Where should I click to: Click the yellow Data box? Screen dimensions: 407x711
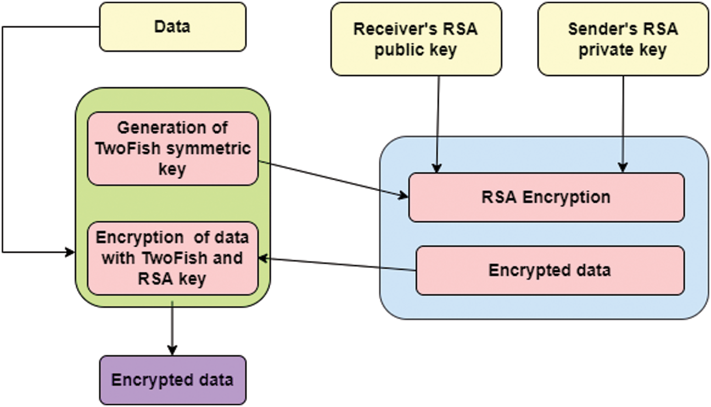click(x=173, y=27)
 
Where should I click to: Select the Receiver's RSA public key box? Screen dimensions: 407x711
click(x=416, y=39)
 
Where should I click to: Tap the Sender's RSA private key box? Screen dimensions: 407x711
click(x=623, y=39)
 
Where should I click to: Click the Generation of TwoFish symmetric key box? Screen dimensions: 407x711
click(x=173, y=148)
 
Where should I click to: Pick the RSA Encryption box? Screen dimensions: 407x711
click(x=546, y=197)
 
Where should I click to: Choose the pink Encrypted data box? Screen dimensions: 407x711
click(x=550, y=270)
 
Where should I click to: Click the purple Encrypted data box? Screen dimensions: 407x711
click(x=173, y=380)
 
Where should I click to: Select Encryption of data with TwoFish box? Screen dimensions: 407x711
click(x=173, y=258)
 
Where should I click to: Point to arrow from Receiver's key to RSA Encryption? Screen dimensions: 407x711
click(x=438, y=123)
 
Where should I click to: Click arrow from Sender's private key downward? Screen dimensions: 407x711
click(x=623, y=123)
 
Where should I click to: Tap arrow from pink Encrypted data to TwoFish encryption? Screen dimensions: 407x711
click(x=337, y=264)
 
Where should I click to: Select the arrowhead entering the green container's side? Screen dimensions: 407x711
click(x=70, y=252)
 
